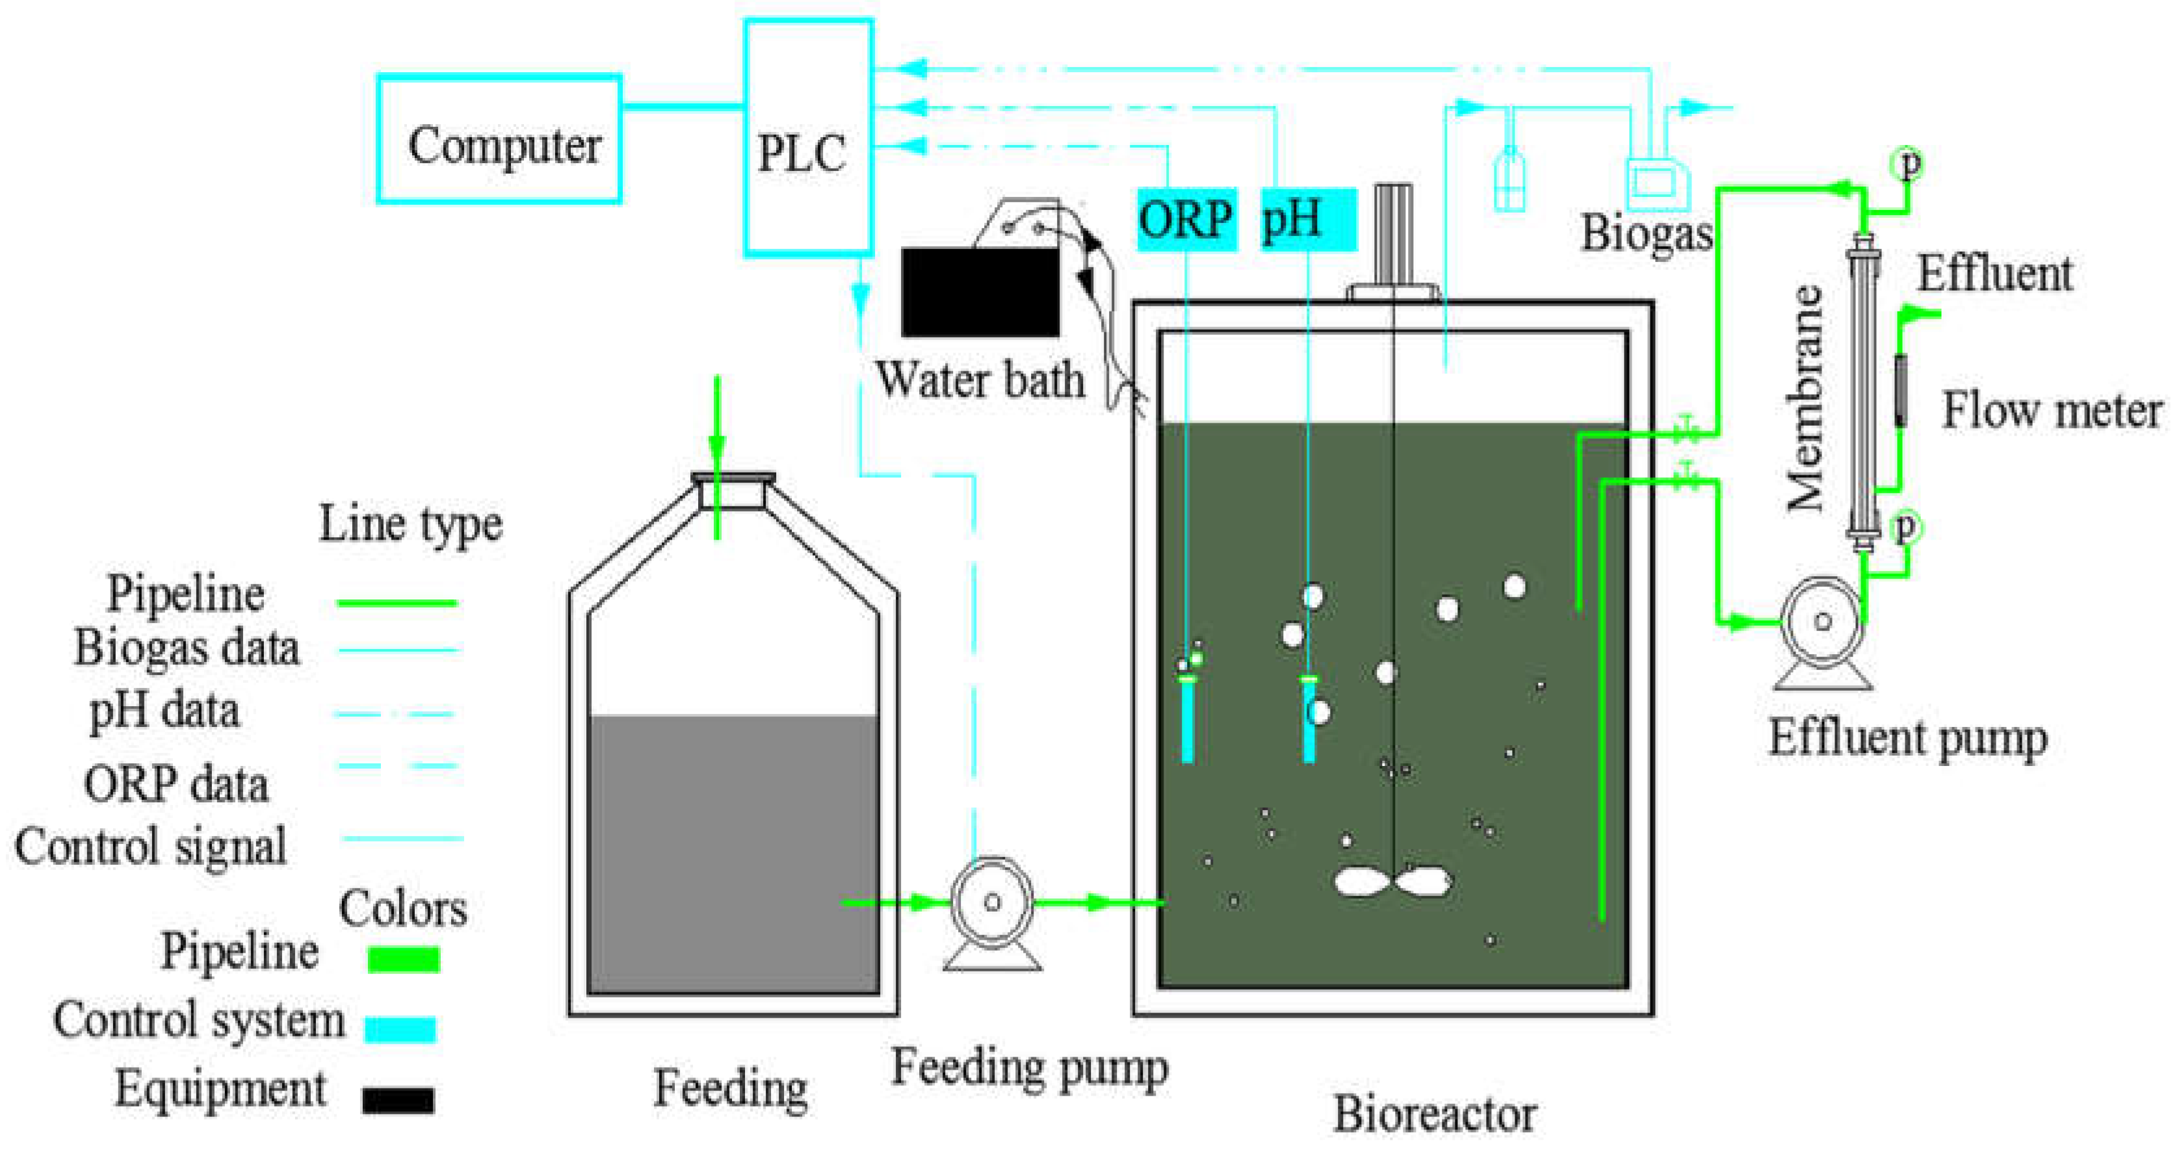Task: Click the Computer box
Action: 499,140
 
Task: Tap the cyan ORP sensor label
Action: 1185,220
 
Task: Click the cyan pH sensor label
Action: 1307,220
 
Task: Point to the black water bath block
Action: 980,292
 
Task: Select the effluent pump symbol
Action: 1823,622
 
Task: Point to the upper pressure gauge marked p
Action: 1907,163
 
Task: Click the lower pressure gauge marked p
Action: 1905,527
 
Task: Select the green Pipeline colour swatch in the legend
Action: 403,959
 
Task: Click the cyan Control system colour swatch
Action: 400,1029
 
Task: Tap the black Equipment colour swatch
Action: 398,1100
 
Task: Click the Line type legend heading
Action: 411,524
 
